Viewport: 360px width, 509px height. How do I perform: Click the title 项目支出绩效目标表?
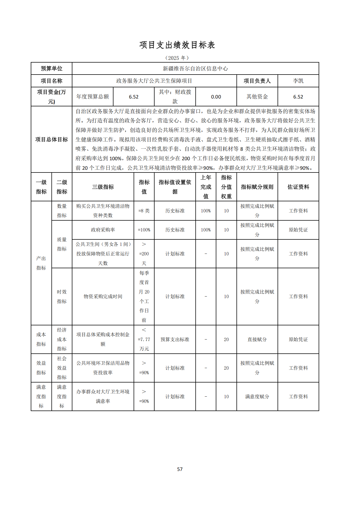pos(177,45)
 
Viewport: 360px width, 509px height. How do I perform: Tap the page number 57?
pos(180,469)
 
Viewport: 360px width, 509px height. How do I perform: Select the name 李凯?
pos(298,81)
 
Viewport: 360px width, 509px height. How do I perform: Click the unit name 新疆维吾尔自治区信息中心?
pos(195,69)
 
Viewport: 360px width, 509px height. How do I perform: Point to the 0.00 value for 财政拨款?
pos(216,97)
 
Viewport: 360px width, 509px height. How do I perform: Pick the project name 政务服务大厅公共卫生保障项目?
pos(154,81)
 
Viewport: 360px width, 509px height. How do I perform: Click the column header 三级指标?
pos(103,187)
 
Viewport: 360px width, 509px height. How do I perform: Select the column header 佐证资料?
pos(298,187)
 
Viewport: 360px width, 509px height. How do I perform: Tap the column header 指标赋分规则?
pos(257,187)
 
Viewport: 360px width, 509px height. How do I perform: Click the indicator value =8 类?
pos(144,211)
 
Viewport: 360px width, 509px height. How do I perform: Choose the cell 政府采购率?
pos(103,230)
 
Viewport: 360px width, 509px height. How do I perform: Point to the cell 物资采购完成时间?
pos(103,297)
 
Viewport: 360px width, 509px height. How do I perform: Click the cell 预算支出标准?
pos(175,340)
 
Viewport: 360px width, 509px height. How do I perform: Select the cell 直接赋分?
pos(257,340)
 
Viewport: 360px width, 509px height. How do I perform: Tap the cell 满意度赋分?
pos(257,397)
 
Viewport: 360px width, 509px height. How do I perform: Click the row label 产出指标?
pos(41,263)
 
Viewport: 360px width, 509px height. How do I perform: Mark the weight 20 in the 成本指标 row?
pos(226,340)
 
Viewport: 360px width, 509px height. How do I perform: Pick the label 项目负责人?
pos(257,81)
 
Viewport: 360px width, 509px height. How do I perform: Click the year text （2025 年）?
pos(177,58)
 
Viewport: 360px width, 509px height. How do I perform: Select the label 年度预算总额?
pos(93,97)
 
